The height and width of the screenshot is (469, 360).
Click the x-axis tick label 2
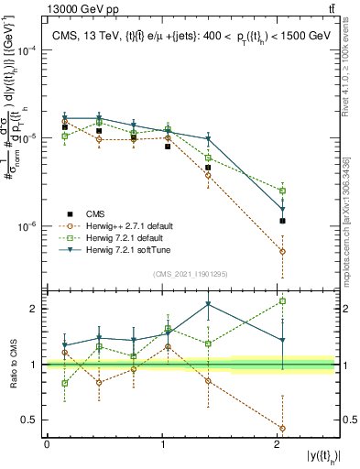point(278,444)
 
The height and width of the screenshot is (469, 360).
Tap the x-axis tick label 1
point(162,444)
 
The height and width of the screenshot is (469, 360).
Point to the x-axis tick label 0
point(47,444)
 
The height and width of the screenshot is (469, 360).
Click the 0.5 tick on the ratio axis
point(31,420)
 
